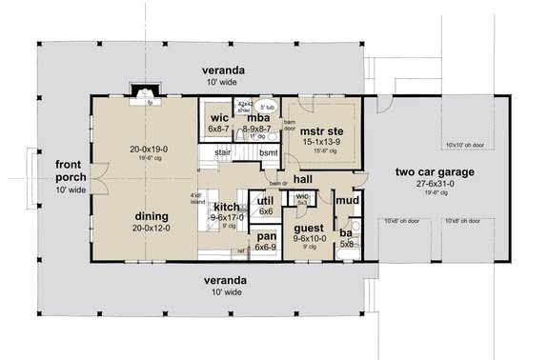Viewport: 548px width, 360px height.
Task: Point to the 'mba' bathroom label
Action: point(258,118)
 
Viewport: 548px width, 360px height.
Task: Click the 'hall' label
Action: point(304,178)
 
